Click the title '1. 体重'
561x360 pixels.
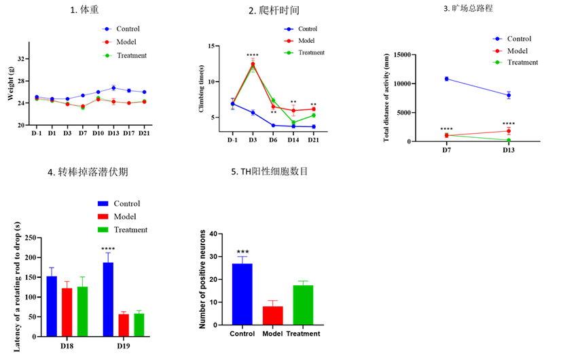[x=90, y=11]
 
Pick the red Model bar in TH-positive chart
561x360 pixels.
[x=272, y=315]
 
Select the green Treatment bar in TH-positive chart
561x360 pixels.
[x=303, y=305]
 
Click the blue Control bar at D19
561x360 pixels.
[x=108, y=299]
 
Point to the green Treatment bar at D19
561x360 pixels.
[x=139, y=324]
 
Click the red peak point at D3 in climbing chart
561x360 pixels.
[x=253, y=64]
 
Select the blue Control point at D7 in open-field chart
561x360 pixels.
[x=446, y=79]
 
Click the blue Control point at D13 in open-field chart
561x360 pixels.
[x=508, y=95]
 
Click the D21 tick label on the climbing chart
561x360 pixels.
[x=313, y=139]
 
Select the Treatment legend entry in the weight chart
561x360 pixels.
[x=130, y=55]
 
